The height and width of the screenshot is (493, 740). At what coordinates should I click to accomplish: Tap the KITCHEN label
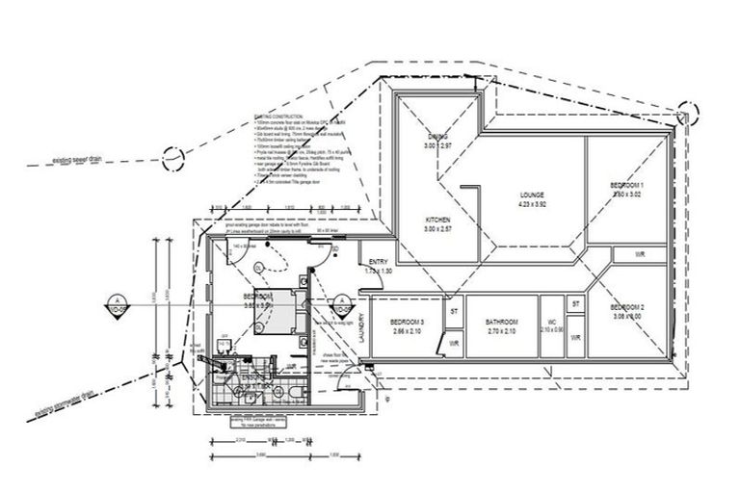(x=439, y=221)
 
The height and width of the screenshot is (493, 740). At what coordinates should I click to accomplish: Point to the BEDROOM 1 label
(x=627, y=185)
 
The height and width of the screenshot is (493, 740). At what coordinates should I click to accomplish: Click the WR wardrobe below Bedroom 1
(x=639, y=254)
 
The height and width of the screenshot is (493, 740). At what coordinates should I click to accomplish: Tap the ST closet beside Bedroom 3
(x=454, y=311)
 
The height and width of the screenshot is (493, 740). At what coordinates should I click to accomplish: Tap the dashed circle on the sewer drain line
(x=172, y=155)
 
